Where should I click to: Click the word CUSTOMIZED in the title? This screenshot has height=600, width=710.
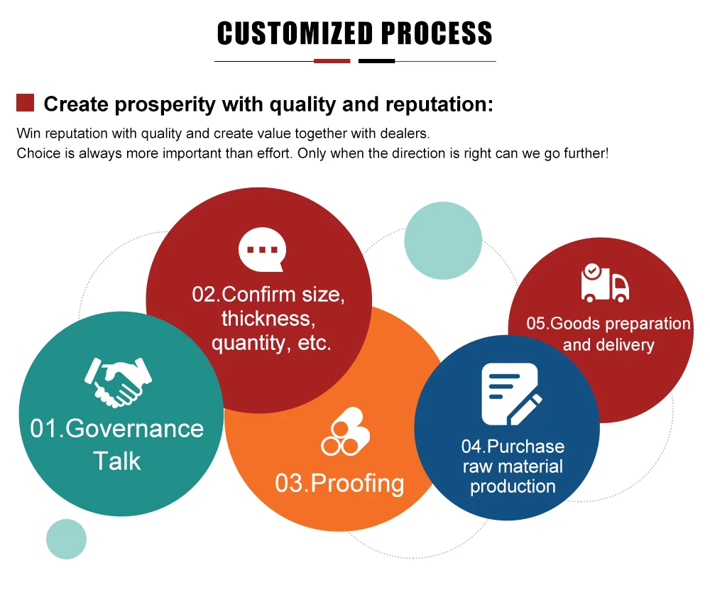pos(295,33)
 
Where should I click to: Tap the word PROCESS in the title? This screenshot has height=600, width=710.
pos(437,33)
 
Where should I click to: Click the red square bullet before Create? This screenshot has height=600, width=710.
pos(26,103)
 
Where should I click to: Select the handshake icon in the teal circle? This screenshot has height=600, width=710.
pos(118,382)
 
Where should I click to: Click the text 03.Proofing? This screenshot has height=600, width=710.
pos(339,484)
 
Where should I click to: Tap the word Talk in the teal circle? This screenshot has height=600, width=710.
pos(117,461)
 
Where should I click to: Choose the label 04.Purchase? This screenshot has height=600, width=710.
pos(513,447)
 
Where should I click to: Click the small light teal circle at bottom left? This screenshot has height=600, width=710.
pos(66,538)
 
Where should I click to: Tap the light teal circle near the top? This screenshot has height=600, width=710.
pos(443,240)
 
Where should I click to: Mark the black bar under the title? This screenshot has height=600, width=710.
pos(376,61)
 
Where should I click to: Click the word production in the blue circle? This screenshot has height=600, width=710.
pos(513,486)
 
